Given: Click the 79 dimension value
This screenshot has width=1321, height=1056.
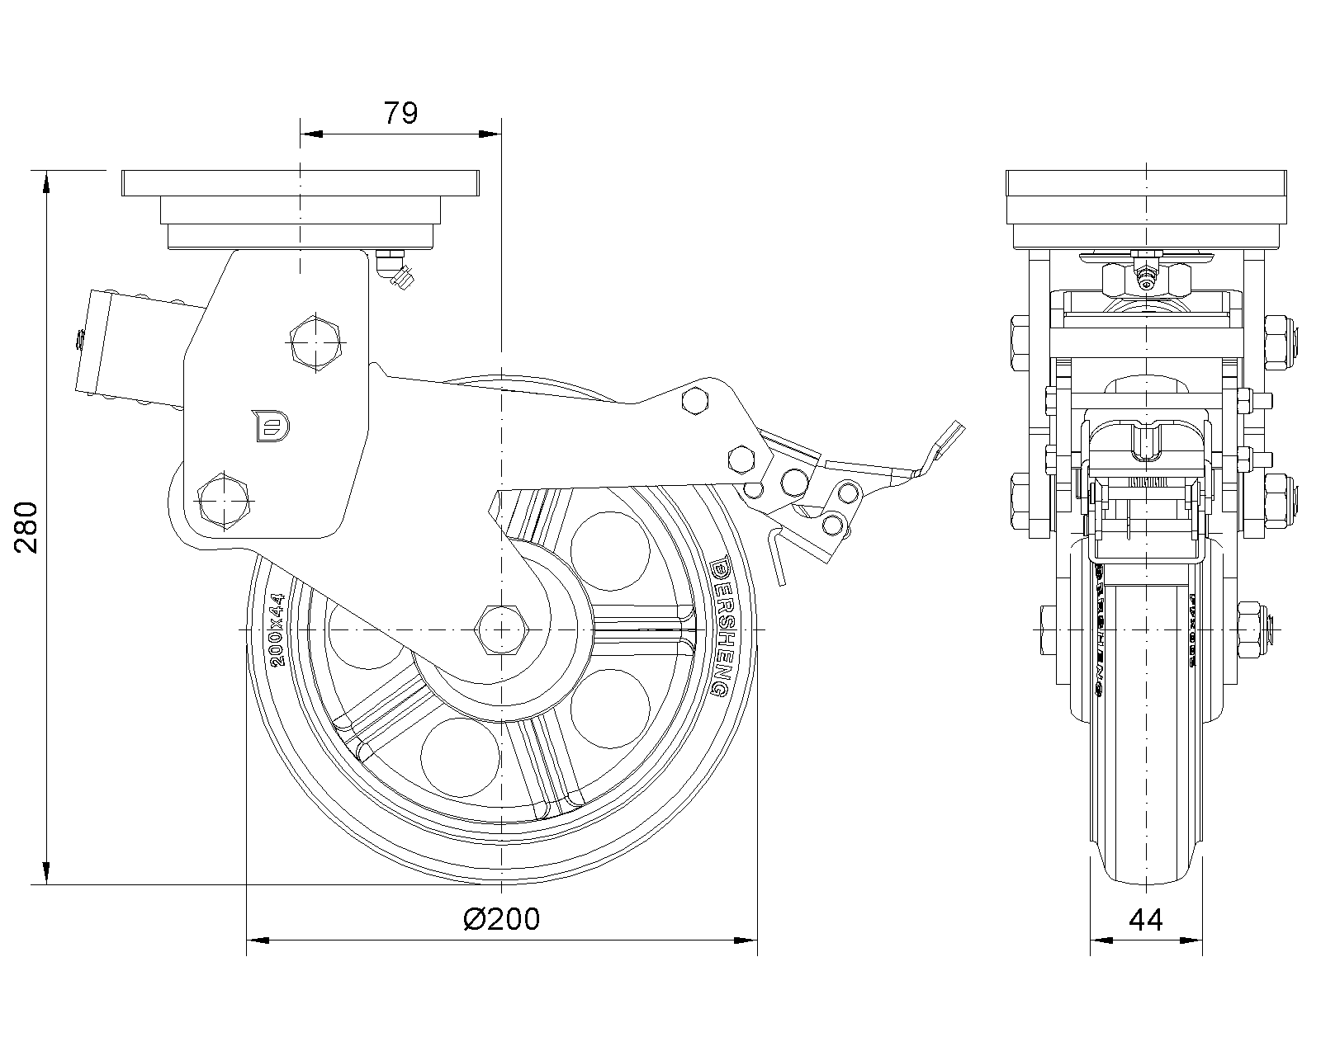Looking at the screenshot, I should [x=400, y=113].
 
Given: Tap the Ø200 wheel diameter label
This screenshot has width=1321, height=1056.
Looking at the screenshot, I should [x=502, y=918].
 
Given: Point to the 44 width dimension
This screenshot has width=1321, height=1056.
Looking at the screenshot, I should [x=1146, y=919].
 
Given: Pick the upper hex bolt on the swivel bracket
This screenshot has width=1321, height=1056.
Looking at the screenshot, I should [x=315, y=342].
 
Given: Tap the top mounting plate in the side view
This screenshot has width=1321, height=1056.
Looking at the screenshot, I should [x=300, y=182].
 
